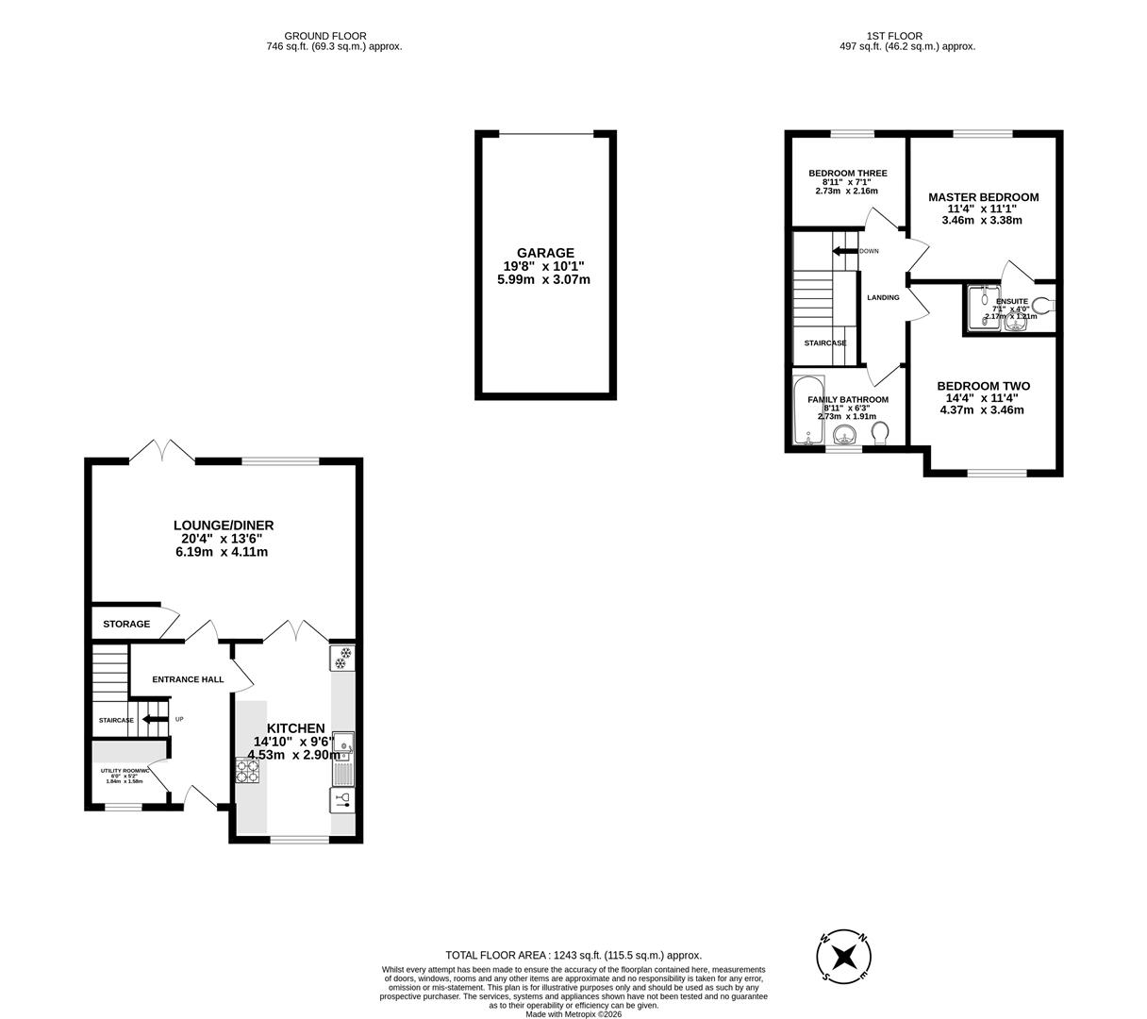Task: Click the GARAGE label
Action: pos(544,253)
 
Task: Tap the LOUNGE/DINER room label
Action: pos(223,526)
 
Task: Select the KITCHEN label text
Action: pos(295,728)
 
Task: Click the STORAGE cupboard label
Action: pos(126,624)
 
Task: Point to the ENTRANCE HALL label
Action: pos(189,679)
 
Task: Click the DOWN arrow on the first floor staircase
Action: pos(844,251)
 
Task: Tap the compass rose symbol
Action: pos(844,956)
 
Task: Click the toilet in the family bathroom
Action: pos(880,433)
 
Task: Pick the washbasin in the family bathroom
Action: pos(845,434)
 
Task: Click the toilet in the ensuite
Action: pos(1041,305)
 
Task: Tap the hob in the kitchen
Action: pos(247,772)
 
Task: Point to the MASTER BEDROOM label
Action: pos(983,197)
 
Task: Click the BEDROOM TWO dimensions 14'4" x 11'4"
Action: pos(982,398)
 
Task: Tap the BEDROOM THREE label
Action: pos(847,174)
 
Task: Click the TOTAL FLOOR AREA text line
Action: pos(573,955)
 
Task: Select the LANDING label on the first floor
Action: pos(883,297)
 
